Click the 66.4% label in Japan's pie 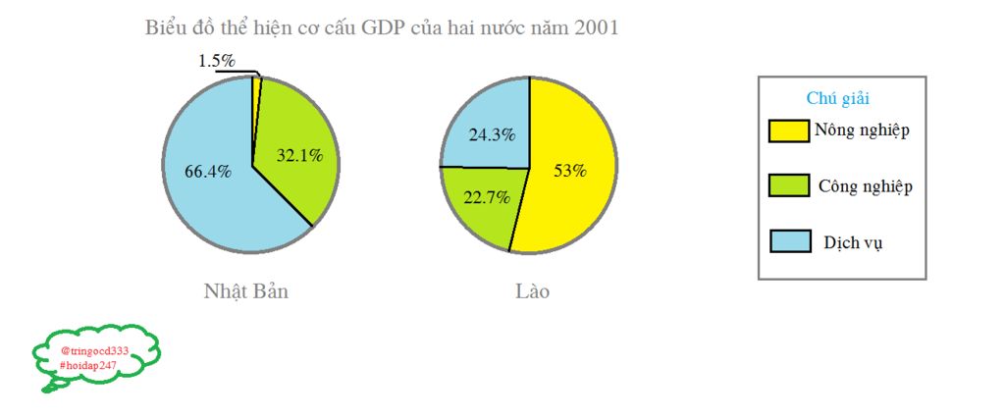[208, 171]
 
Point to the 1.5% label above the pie [217, 61]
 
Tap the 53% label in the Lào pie [569, 171]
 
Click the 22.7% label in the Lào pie [487, 197]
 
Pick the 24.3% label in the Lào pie [492, 135]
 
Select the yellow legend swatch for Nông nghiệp [789, 131]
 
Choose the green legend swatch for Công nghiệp [789, 186]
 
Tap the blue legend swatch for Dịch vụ [789, 241]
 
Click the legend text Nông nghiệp [864, 131]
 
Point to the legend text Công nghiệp [866, 186]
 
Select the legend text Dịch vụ [853, 242]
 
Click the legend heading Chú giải [838, 98]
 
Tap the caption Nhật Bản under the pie [246, 291]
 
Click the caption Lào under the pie [532, 291]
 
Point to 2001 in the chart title [597, 27]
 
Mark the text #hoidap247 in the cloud [88, 365]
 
